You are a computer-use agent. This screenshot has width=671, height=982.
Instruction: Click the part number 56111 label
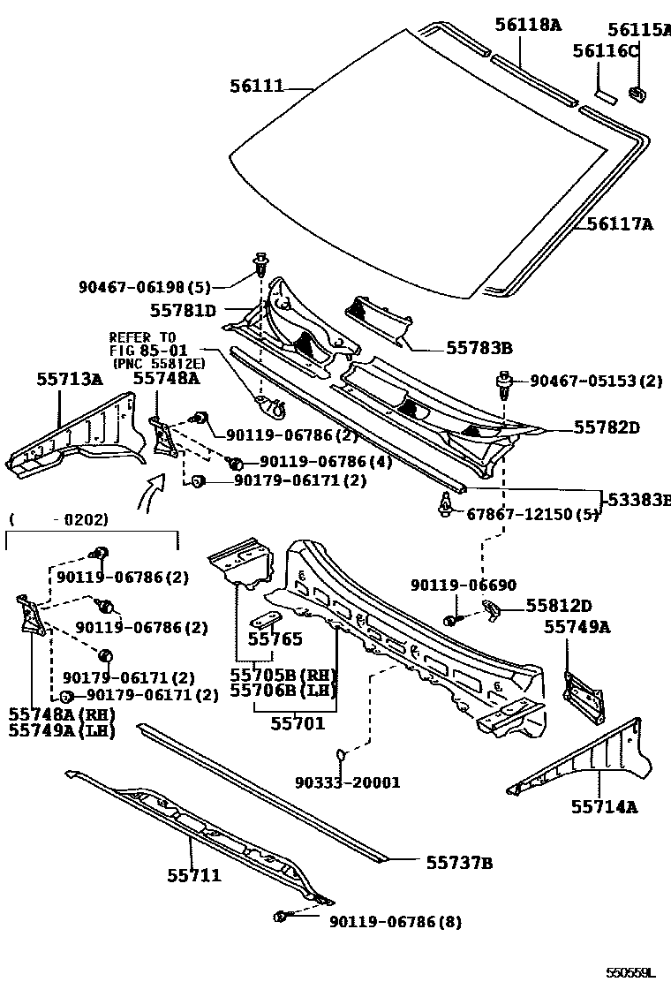(257, 86)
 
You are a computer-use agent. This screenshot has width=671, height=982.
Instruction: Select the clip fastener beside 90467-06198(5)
(261, 262)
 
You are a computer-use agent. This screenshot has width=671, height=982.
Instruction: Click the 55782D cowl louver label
(607, 427)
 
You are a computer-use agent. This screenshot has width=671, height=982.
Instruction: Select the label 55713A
(70, 379)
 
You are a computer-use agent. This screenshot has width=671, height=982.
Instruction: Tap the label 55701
(298, 723)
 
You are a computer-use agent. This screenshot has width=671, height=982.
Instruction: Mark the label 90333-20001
(348, 782)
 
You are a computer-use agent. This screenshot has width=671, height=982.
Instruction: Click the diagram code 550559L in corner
(631, 972)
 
